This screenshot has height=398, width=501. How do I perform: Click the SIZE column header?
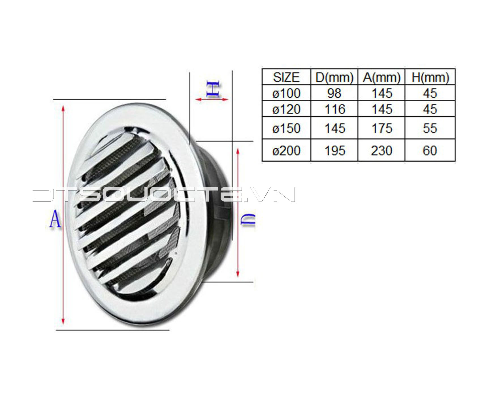286,77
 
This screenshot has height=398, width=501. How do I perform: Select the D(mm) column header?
334,77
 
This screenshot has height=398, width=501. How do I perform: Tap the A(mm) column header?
381,77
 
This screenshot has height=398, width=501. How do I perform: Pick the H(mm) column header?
430,77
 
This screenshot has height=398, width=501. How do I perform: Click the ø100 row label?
286,93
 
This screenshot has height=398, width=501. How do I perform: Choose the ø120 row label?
286,109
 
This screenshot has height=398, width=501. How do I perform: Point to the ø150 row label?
286,128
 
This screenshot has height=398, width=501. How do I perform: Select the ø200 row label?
286,150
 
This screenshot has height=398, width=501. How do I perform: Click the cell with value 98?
334,93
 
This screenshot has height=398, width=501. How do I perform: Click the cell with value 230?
381,150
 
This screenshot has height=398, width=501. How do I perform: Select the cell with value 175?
381,128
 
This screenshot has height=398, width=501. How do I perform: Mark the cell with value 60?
430,150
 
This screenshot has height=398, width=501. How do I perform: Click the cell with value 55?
430,128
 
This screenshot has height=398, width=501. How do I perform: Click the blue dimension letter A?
55,219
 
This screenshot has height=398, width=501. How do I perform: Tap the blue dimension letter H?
213,89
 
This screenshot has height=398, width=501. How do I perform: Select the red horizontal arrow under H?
212,99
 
